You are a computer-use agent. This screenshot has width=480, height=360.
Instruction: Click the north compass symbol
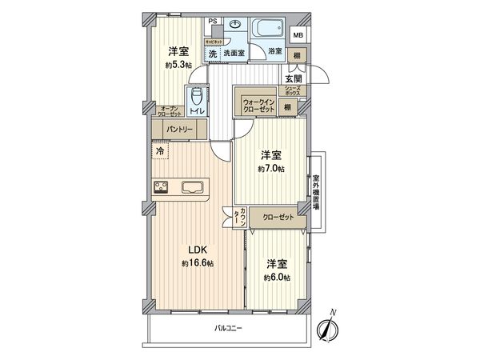[329, 326]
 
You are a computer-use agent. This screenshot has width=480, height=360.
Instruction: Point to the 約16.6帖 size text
[196, 263]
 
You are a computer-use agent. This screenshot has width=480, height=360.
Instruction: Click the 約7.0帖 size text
[271, 170]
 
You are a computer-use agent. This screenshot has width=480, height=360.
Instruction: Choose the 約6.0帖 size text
[277, 277]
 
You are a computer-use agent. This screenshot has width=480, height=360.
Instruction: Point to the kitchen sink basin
[194, 189]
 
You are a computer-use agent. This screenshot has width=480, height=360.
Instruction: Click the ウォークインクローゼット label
[258, 105]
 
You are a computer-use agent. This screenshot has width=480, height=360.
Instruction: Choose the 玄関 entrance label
[293, 78]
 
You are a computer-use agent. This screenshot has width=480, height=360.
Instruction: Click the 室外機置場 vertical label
[316, 192]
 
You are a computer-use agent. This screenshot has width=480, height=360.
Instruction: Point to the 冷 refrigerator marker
[159, 150]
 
